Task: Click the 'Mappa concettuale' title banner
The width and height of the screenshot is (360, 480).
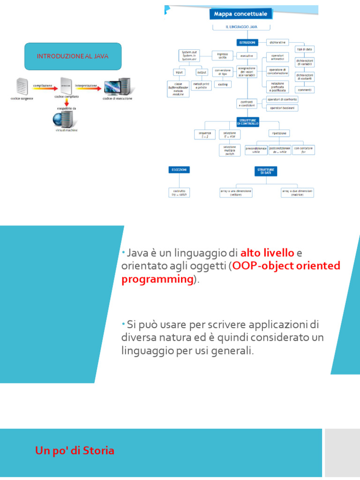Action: [x=240, y=14]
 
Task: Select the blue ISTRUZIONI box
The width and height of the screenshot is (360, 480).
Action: [x=247, y=42]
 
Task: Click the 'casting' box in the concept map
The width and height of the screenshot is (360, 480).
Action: [x=223, y=84]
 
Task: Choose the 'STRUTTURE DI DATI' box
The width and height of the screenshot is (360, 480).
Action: [x=266, y=171]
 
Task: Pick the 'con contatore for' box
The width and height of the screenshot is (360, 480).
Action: [x=304, y=150]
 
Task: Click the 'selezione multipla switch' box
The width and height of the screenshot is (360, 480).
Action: [x=229, y=150]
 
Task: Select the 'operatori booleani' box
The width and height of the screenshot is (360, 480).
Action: [x=282, y=108]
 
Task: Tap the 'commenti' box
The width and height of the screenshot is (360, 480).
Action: [x=305, y=90]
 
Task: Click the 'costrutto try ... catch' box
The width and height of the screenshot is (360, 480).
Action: [x=179, y=193]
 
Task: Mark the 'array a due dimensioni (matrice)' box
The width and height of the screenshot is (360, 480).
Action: [x=297, y=193]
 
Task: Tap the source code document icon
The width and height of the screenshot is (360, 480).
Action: [x=22, y=86]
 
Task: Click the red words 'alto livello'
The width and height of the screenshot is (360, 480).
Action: [x=267, y=253]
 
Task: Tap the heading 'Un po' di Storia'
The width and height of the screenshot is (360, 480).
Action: [x=75, y=451]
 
